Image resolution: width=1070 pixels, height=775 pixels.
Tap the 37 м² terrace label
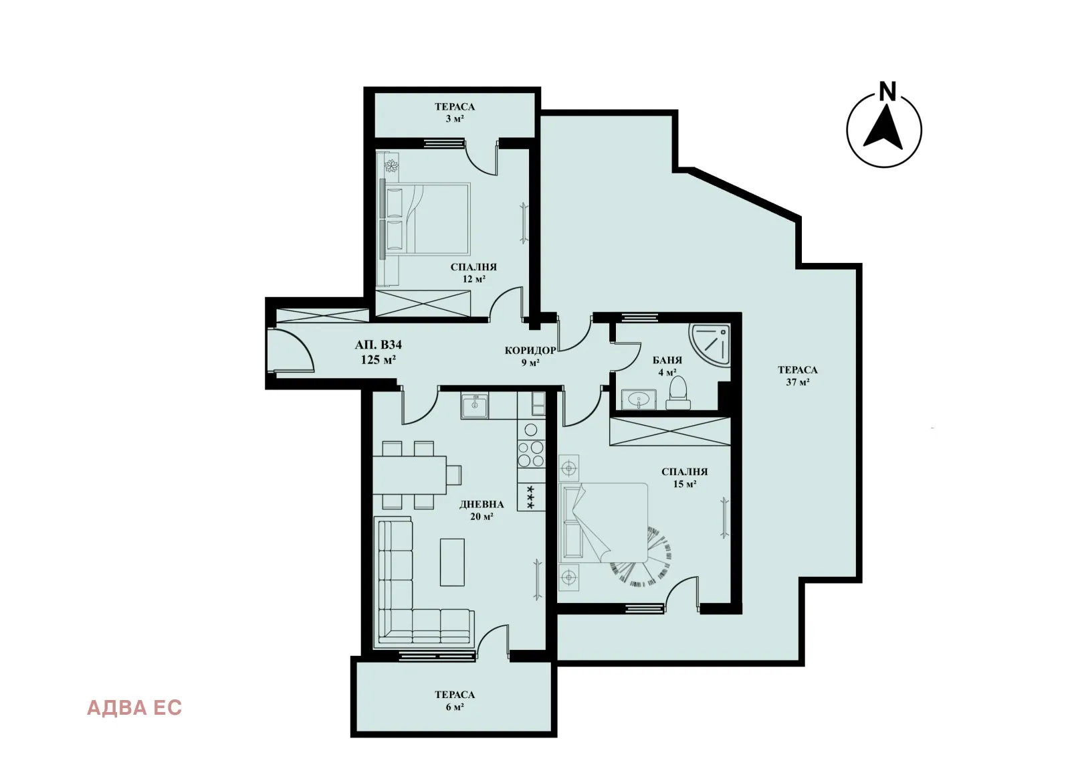tap(797, 375)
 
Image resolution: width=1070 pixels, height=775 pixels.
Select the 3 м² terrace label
tap(454, 112)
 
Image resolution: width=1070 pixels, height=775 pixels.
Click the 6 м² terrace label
tap(454, 700)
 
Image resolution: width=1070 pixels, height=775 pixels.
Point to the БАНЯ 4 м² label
tap(667, 366)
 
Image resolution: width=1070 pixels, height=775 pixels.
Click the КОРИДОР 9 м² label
tap(530, 356)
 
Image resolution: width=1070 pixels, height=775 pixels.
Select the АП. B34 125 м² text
tap(378, 352)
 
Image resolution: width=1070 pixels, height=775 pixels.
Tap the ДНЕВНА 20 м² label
tap(481, 510)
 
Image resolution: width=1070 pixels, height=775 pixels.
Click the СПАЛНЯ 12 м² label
tap(473, 272)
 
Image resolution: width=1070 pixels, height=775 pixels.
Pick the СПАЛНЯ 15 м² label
tap(684, 477)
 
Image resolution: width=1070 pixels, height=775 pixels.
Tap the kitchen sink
tap(475, 405)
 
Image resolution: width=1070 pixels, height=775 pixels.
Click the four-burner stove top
tap(531, 454)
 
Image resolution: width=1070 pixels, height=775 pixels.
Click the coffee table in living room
tap(452, 562)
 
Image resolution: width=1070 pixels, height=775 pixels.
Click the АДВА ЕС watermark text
tap(134, 707)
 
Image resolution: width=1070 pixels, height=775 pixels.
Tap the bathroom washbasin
tap(639, 401)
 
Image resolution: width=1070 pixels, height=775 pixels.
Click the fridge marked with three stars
tap(532, 497)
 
